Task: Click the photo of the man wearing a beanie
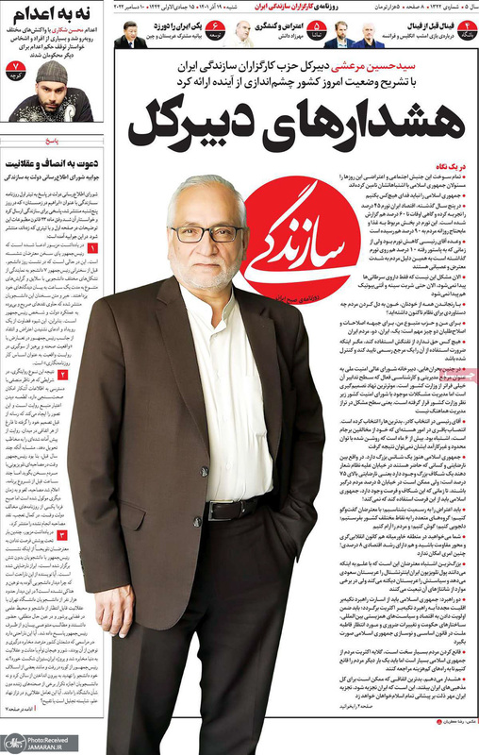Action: pos(51,91)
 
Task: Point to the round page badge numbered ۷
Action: pos(14,68)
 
